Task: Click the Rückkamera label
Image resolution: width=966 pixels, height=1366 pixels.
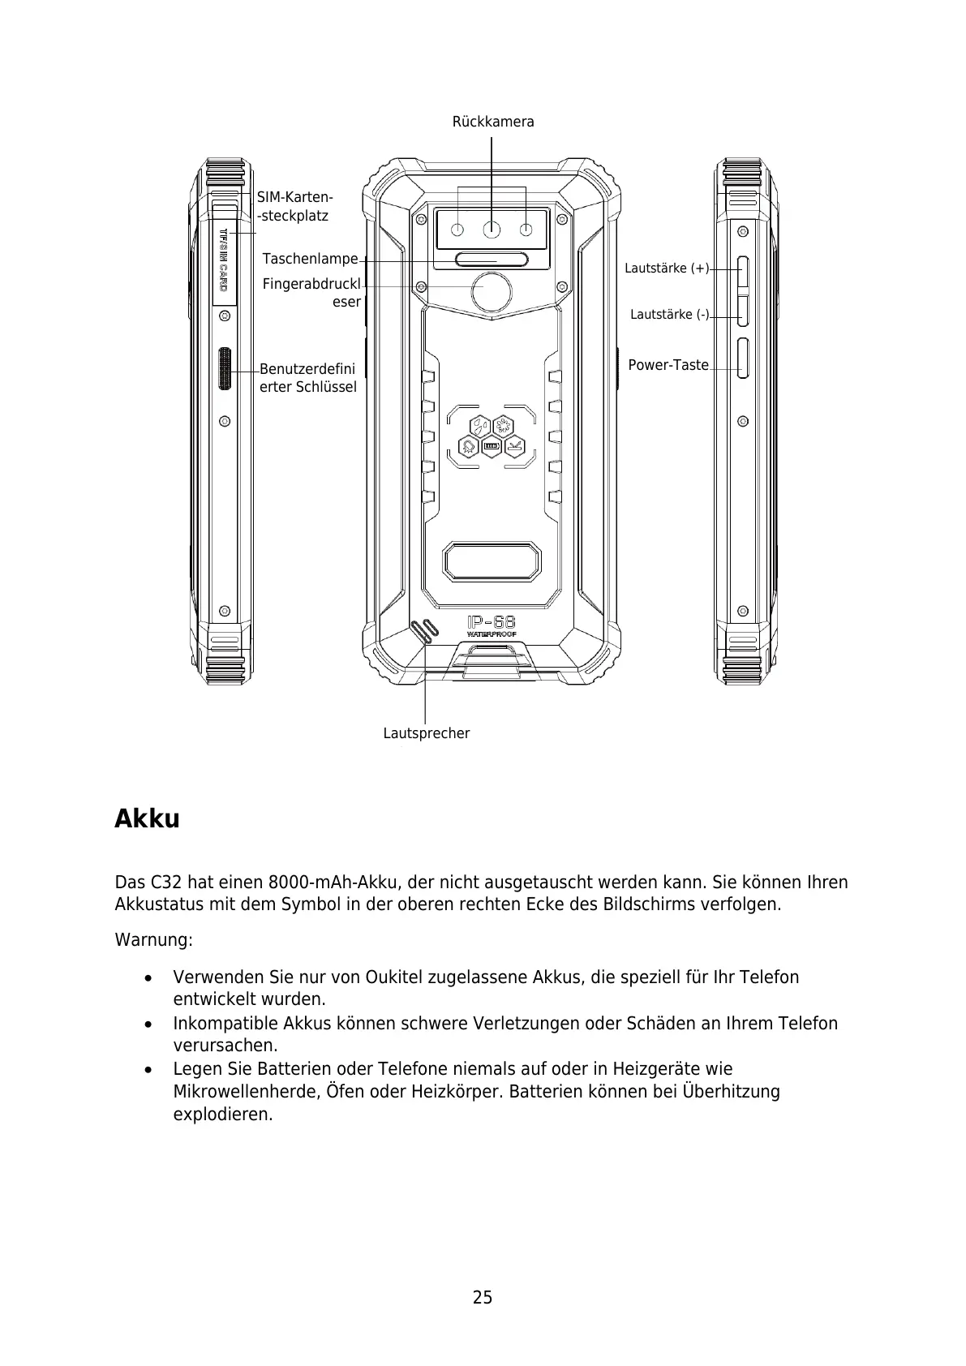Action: click(x=492, y=122)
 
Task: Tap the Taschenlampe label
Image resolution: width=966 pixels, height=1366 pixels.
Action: click(x=310, y=259)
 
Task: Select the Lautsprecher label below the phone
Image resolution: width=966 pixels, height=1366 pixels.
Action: click(x=426, y=733)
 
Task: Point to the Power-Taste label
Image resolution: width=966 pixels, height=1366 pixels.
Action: click(x=668, y=365)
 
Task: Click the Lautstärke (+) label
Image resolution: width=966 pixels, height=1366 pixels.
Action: click(x=666, y=268)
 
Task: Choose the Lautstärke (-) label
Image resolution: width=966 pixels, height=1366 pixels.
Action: click(x=669, y=314)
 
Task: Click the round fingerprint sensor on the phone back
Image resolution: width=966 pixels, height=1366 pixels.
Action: click(x=492, y=292)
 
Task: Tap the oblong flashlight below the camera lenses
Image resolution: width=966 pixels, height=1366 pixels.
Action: click(x=492, y=260)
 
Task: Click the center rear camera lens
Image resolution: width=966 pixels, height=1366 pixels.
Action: click(x=492, y=230)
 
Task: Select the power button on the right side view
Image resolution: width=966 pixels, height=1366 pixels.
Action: click(x=742, y=359)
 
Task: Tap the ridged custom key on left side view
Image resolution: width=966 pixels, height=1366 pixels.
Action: click(x=225, y=369)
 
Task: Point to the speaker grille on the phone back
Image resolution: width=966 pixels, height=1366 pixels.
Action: click(x=423, y=631)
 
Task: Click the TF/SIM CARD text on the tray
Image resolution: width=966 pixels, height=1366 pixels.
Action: click(x=225, y=260)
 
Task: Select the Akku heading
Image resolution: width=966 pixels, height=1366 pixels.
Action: click(x=147, y=818)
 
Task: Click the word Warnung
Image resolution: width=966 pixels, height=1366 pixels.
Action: click(x=153, y=940)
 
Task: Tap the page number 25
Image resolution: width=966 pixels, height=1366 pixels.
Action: click(x=483, y=1298)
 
